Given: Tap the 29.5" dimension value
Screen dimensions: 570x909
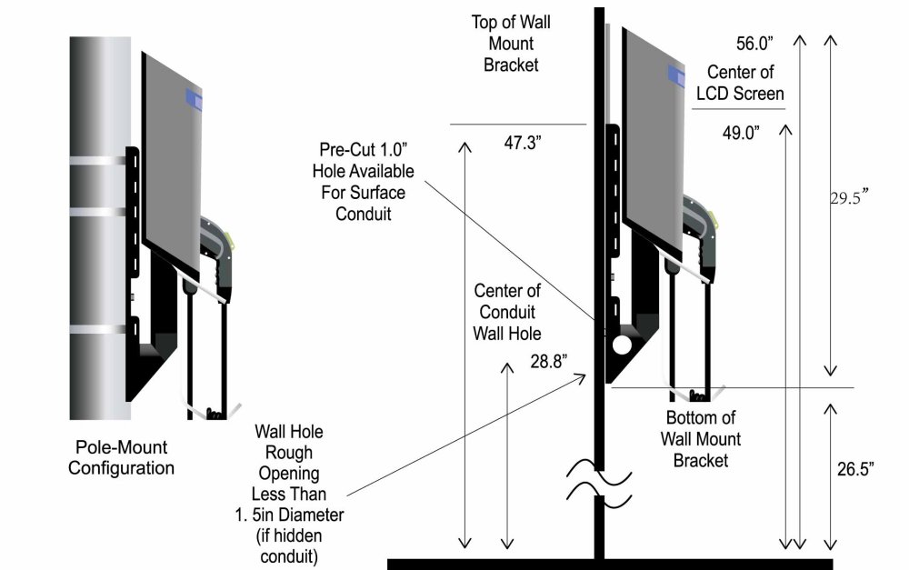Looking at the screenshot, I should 850,197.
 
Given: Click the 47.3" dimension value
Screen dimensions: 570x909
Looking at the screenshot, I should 523,142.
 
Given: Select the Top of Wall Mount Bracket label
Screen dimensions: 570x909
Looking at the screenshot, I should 511,43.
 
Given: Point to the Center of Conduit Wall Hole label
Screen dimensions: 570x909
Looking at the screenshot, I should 507,312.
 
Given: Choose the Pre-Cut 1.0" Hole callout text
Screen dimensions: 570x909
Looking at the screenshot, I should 366,180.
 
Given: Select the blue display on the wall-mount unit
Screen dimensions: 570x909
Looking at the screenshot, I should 675,75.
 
